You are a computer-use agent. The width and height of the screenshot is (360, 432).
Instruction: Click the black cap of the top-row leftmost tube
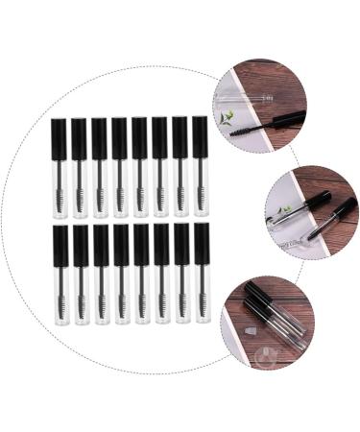59,138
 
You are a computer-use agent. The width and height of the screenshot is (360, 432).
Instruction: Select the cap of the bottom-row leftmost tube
60,245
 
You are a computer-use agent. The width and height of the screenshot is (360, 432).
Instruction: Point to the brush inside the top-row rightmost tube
200,198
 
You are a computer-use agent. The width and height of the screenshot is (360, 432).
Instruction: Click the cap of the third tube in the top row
99,138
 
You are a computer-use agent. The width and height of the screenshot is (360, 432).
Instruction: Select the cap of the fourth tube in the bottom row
122,245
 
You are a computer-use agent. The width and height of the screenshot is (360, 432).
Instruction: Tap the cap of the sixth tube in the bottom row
161,244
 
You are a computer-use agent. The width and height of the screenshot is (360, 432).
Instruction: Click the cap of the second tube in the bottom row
81,245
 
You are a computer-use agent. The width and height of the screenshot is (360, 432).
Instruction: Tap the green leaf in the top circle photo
227,118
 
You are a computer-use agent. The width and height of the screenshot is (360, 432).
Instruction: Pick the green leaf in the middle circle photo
284,208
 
